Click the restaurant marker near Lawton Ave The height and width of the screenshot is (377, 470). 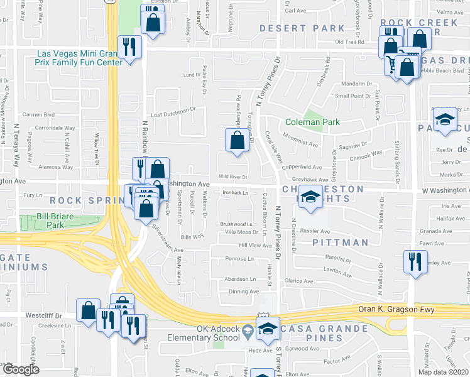(x=414, y=261)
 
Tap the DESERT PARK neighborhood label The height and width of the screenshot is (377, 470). (x=302, y=28)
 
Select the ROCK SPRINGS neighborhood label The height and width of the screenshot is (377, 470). (x=85, y=200)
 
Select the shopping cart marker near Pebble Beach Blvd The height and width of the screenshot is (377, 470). (x=394, y=63)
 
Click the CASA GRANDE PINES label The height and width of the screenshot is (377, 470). (x=324, y=329)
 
